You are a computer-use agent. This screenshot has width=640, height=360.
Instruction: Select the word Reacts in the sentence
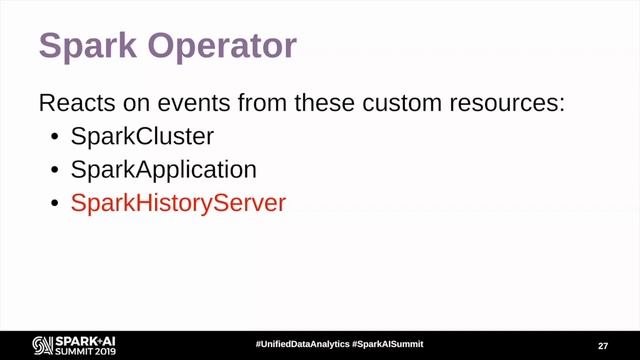[71, 103]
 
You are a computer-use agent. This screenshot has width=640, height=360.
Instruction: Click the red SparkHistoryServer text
[178, 203]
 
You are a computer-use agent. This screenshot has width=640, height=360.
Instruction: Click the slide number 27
[603, 344]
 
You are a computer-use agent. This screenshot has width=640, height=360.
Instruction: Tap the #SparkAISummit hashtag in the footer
[387, 343]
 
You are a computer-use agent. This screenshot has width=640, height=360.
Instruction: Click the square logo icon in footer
[43, 344]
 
